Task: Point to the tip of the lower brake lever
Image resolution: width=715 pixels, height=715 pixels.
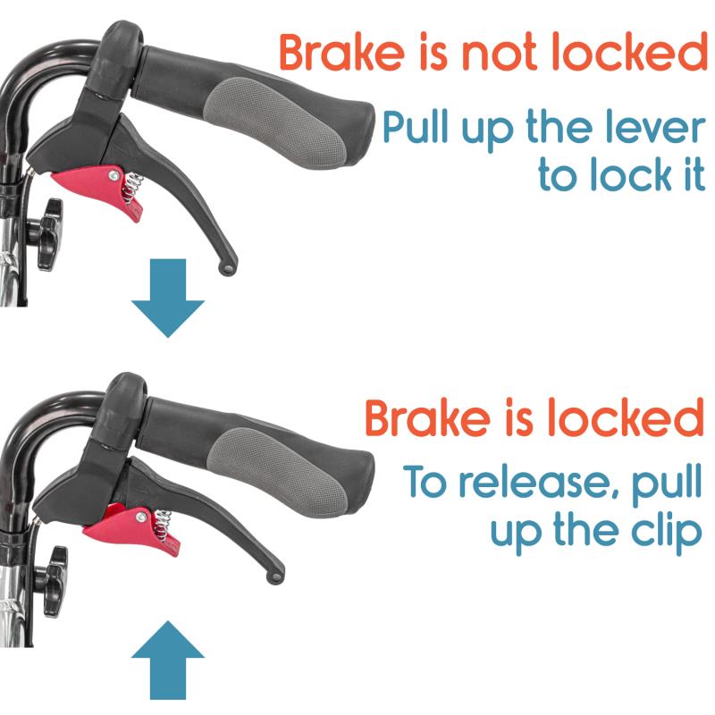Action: (x=274, y=577)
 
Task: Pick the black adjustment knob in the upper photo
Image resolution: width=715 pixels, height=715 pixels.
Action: (x=46, y=234)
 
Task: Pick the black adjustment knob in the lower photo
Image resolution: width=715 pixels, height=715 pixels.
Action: (x=54, y=582)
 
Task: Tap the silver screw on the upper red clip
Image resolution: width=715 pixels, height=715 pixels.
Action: (x=114, y=175)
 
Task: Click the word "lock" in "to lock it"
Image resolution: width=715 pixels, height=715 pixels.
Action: (x=632, y=173)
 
